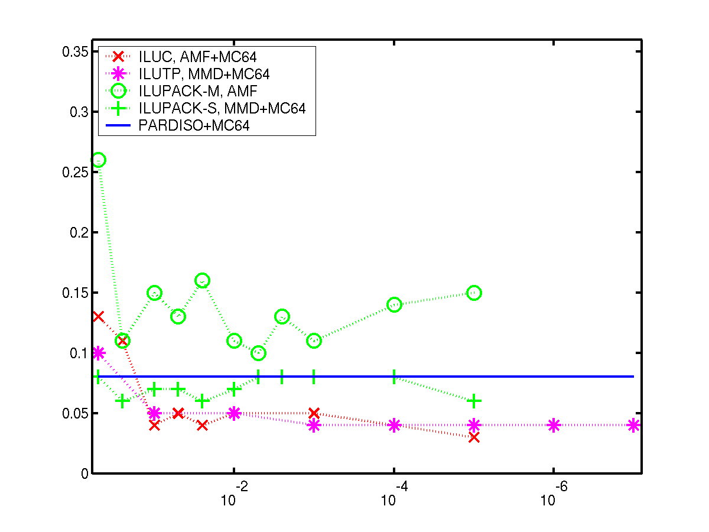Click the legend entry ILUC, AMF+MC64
coord(197,57)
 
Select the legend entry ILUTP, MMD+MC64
coord(204,74)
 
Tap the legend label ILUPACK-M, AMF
coord(198,91)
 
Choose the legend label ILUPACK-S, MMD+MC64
coord(222,108)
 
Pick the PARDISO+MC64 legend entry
coord(194,125)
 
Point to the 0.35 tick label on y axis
coord(75,51)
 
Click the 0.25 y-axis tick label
coord(75,172)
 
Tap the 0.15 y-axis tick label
coord(75,293)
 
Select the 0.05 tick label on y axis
coord(75,413)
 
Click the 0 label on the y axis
coord(84,473)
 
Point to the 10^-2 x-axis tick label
coord(234,493)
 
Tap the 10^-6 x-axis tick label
coord(554,493)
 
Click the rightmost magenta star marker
coord(633,425)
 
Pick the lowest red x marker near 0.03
coord(474,437)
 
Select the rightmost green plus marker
coord(474,401)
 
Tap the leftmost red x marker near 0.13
coord(98,317)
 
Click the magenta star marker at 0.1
coord(98,353)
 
